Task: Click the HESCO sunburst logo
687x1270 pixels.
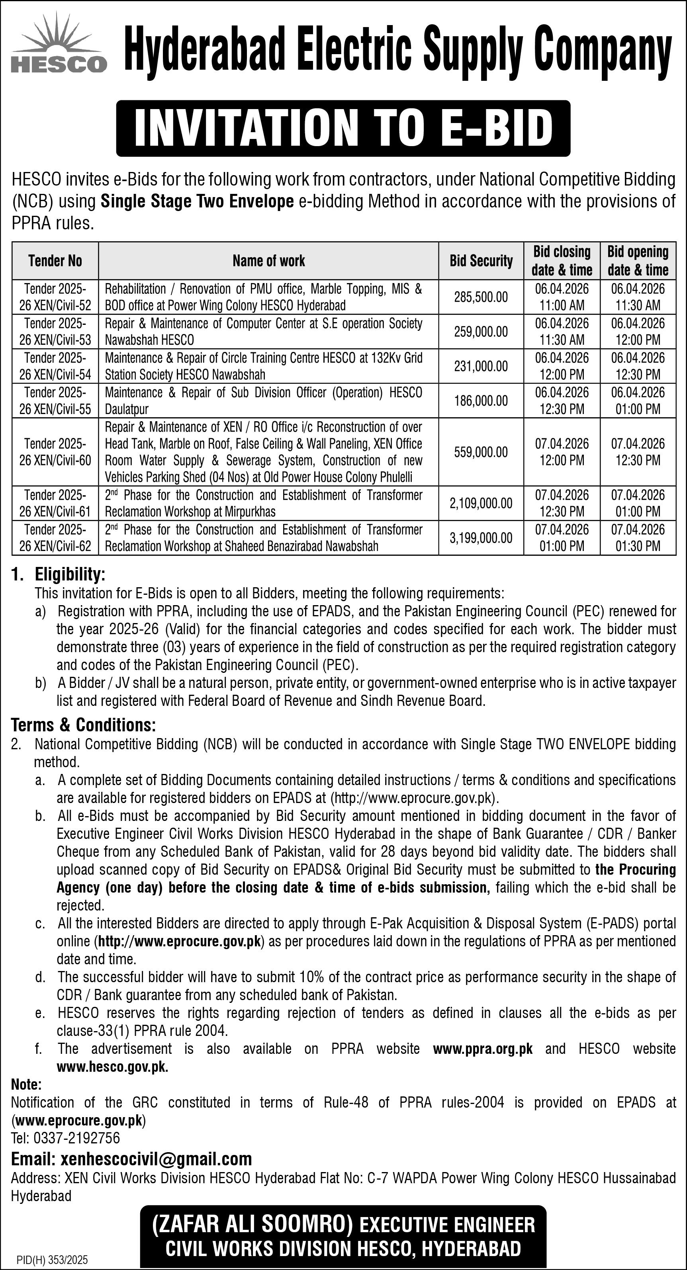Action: [x=59, y=43]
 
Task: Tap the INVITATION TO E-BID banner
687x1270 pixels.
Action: [x=343, y=128]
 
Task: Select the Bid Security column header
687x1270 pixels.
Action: [x=481, y=261]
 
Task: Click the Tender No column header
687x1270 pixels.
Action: [x=55, y=261]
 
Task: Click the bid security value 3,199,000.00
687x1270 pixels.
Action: [x=481, y=538]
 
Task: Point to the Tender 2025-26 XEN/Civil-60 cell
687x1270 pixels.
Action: [x=55, y=452]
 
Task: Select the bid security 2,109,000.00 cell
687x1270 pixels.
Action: [x=481, y=503]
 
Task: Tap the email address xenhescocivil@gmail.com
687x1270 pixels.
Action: [x=156, y=1159]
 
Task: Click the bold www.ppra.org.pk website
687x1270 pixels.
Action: [x=482, y=1049]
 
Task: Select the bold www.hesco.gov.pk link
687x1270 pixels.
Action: [x=112, y=1067]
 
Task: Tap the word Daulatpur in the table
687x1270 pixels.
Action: [x=127, y=409]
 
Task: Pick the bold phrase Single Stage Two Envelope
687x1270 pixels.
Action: [x=197, y=201]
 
